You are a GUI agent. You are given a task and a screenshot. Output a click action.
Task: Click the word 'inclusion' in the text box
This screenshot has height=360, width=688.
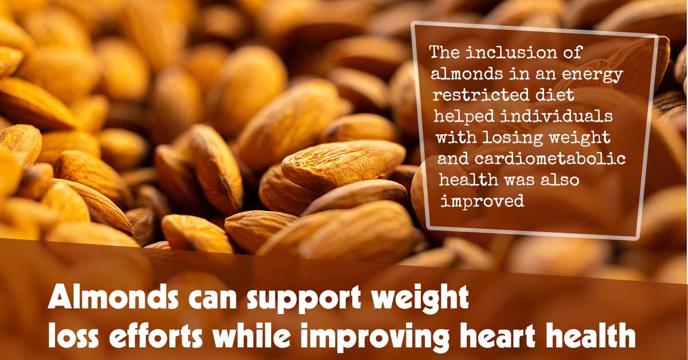pos(511,53)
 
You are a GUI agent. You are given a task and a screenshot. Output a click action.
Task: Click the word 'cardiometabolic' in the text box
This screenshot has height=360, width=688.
pos(550,159)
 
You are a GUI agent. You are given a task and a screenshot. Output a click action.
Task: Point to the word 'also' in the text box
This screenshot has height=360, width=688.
pos(560,179)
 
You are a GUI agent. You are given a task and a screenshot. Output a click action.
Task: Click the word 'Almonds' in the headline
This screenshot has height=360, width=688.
pos(113,297)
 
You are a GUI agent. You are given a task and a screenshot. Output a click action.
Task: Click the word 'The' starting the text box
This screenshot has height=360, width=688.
pos(445,53)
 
